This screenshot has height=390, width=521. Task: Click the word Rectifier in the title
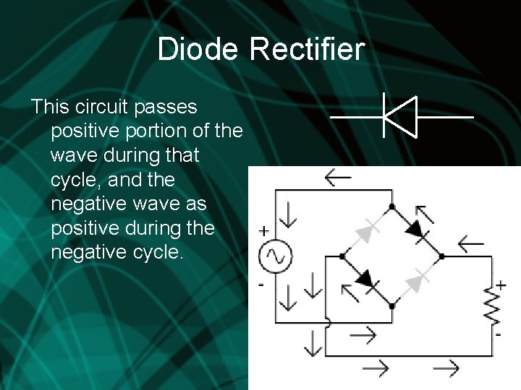tap(308, 49)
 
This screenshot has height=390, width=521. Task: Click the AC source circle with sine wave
tap(276, 256)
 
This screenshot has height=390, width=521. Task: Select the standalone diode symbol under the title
tap(400, 116)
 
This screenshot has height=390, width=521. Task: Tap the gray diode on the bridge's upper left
tap(368, 230)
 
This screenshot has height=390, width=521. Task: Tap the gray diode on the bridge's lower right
tap(417, 281)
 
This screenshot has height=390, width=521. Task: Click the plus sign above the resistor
tap(500, 285)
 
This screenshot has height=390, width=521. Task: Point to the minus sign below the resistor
tap(499, 335)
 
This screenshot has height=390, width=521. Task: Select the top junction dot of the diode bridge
tap(392, 206)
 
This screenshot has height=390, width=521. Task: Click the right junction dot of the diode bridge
tap(442, 256)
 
